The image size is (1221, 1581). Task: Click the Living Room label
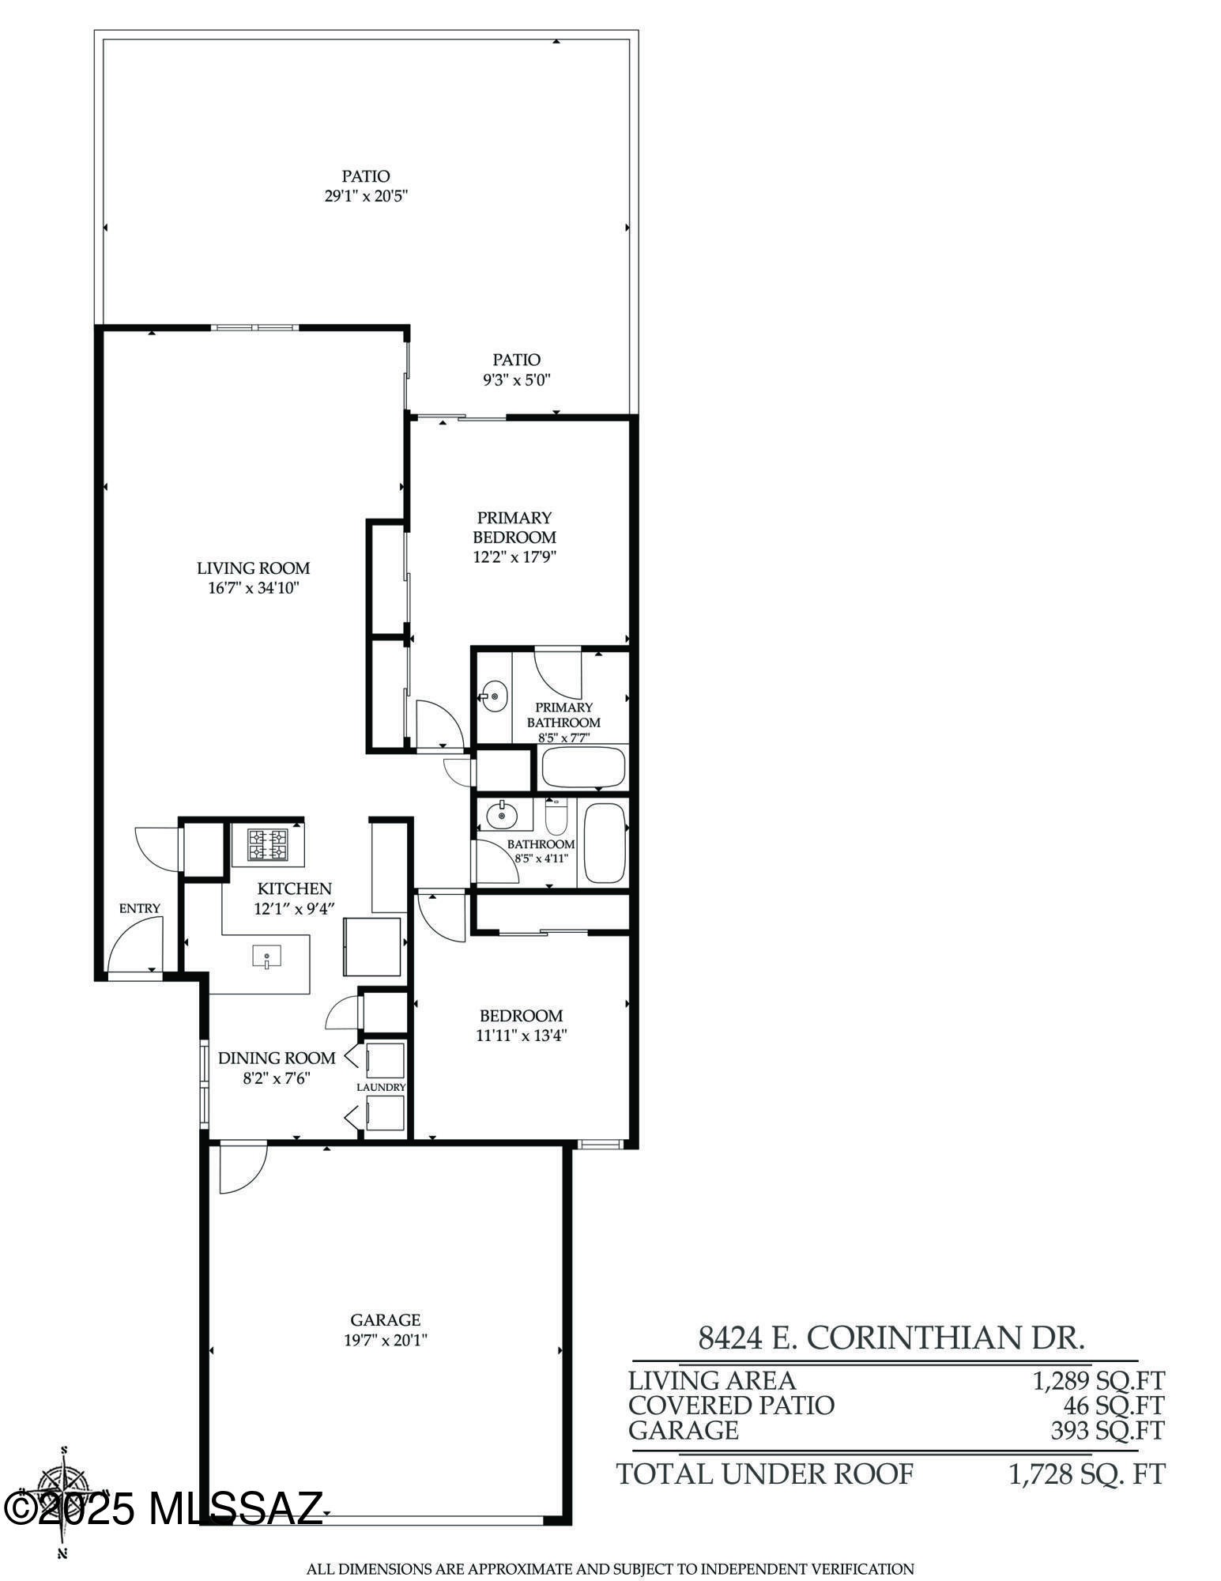point(253,568)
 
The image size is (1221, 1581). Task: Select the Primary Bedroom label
point(514,527)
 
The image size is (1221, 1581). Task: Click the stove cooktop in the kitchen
point(267,844)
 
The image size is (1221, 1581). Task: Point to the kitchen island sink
point(266,957)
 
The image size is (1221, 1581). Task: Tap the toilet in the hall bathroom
point(556,819)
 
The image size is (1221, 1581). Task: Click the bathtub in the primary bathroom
point(582,767)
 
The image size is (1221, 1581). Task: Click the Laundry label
point(381,1087)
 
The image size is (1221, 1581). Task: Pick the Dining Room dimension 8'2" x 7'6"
point(277,1077)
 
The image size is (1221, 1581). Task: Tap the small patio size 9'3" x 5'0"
point(516,379)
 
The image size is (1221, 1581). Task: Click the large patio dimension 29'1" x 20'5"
point(365,195)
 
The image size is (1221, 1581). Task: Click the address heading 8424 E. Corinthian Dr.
point(891,1338)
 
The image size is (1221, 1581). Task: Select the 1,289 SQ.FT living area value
point(1099,1381)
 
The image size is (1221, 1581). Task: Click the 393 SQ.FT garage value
point(1106,1430)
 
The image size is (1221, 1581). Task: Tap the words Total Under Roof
point(764,1473)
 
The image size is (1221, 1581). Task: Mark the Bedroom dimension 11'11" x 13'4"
point(522,1035)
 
